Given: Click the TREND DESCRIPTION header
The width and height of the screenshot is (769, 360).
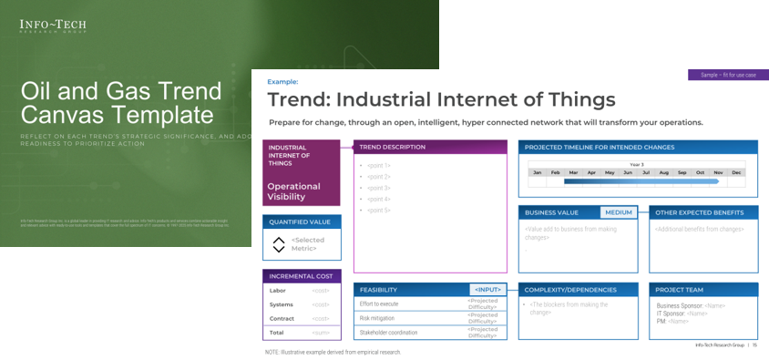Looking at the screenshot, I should pos(392,147).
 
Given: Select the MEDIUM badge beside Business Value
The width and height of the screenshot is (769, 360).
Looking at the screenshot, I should pos(618,212).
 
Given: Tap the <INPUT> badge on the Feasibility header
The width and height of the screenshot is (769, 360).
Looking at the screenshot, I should pos(488,290).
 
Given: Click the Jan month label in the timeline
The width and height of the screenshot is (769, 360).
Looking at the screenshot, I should pos(538,172).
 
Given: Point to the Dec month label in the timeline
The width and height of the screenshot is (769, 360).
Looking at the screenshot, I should pos(736,172).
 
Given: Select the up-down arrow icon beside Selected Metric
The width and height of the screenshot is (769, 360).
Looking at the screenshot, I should pos(279,244).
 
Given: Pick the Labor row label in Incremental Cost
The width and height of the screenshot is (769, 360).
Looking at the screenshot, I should pos(277,291).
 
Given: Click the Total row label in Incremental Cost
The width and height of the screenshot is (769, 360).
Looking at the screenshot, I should pos(277,333).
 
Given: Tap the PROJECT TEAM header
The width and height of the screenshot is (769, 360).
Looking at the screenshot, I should pos(681,290).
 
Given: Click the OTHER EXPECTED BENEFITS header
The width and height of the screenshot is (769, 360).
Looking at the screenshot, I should pos(699,212).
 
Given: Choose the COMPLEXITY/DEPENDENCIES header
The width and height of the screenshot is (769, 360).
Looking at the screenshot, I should pos(570,290).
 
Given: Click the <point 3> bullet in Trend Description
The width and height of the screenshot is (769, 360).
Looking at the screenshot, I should pos(378,188).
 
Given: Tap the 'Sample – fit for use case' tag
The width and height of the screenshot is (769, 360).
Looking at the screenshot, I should pos(728,75).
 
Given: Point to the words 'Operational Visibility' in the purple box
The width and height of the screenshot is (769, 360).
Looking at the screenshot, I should pos(293,191).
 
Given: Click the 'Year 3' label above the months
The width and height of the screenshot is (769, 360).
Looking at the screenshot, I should pos(636,165).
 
